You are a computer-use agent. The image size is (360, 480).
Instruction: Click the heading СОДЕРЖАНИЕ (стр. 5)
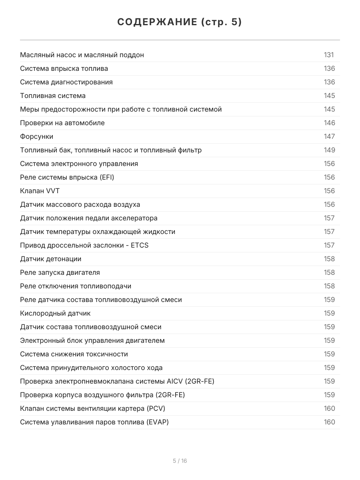point(180,22)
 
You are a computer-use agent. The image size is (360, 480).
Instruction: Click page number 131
point(329,55)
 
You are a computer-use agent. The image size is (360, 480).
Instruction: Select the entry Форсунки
point(37,136)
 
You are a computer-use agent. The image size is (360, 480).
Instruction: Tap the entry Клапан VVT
point(40,191)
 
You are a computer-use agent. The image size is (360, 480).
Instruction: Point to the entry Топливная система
point(53,96)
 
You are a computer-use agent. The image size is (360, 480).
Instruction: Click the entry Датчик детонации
point(51,259)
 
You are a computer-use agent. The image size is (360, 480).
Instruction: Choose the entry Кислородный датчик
point(55,313)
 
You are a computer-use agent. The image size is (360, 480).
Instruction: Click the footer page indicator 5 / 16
point(180,461)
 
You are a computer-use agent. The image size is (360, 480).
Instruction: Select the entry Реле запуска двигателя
point(60,272)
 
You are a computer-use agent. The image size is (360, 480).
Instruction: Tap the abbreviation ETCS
point(140,245)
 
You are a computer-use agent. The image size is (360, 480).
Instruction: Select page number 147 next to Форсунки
point(329,136)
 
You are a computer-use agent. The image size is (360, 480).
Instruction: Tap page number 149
point(329,150)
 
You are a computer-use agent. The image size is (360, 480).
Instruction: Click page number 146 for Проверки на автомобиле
point(329,123)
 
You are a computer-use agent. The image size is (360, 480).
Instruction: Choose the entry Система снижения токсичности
point(74,354)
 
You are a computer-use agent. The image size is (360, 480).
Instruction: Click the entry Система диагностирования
point(66,82)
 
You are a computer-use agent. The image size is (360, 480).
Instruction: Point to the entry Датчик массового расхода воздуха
point(80,204)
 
